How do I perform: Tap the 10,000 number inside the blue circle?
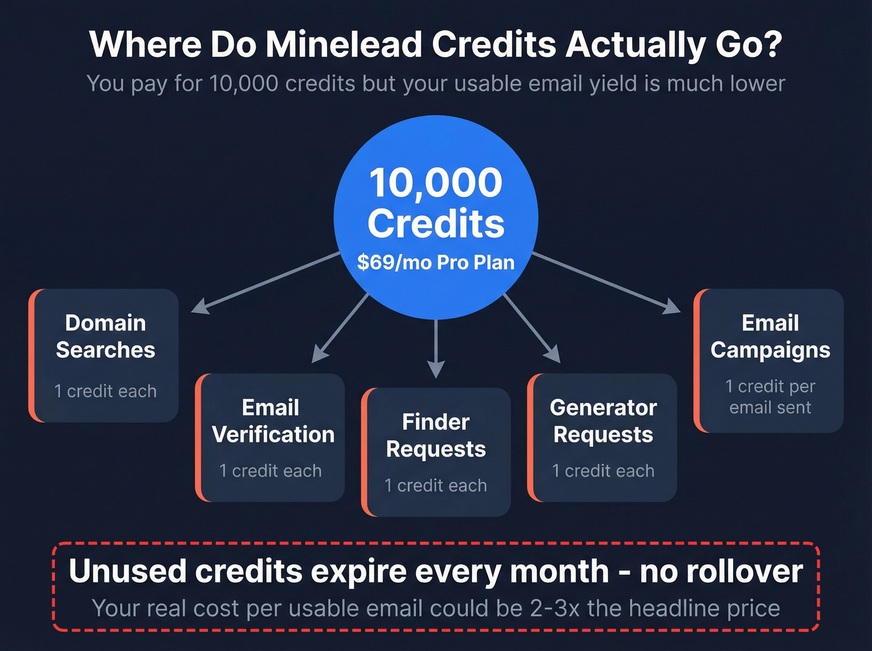[x=435, y=183]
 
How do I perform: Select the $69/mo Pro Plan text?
[x=436, y=262]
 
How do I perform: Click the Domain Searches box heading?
[x=105, y=336]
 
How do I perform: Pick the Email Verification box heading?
[x=273, y=421]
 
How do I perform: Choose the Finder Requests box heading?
[x=436, y=435]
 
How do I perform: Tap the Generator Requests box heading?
[x=603, y=421]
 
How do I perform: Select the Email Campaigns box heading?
[x=770, y=336]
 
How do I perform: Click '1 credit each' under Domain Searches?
[x=105, y=391]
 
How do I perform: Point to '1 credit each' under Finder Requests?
[x=436, y=485]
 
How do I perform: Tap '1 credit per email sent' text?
[x=770, y=397]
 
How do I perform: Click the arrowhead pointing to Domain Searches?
[x=199, y=306]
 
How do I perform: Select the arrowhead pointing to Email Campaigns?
[x=672, y=306]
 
